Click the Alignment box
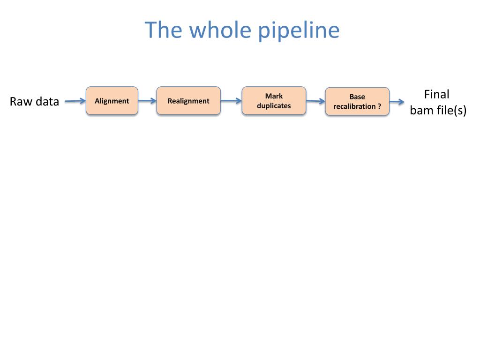(x=112, y=101)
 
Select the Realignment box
(x=188, y=101)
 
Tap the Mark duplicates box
(x=274, y=101)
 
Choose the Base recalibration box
(x=357, y=101)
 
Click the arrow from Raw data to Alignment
(x=75, y=101)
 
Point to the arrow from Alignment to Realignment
(x=147, y=100)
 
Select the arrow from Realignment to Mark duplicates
(x=231, y=100)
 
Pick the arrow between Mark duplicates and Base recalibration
(x=315, y=101)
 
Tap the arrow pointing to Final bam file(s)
(x=397, y=102)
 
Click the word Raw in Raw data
(x=20, y=101)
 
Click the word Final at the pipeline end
(x=436, y=95)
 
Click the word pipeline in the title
(x=299, y=30)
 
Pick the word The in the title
(x=164, y=30)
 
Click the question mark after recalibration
(x=379, y=106)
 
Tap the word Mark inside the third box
(x=274, y=96)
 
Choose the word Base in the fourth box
(x=357, y=97)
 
